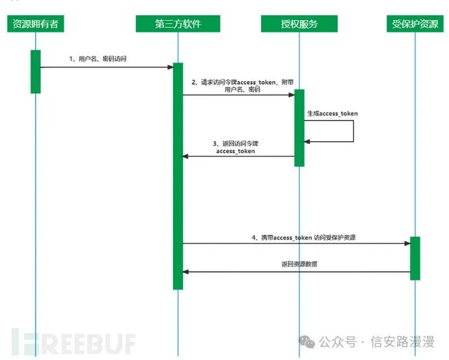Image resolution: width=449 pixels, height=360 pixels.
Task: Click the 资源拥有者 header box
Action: [35, 24]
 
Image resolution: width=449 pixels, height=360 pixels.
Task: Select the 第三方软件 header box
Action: [178, 24]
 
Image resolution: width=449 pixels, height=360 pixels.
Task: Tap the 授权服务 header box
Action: [299, 24]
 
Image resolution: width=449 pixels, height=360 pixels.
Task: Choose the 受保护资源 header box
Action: [415, 24]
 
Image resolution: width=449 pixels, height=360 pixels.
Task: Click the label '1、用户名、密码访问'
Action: [98, 59]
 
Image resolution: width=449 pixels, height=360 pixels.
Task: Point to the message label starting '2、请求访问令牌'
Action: [242, 86]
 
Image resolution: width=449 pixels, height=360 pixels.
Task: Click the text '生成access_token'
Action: [333, 113]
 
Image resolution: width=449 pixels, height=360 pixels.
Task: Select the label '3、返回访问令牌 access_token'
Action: [236, 146]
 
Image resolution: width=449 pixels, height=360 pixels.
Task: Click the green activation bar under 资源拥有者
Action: [35, 71]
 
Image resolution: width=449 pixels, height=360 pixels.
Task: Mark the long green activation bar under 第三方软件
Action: [178, 176]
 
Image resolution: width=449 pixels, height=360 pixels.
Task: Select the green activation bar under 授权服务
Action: [299, 128]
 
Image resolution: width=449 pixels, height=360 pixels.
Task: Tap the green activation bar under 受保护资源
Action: [415, 258]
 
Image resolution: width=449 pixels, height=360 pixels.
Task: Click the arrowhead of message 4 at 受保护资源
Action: [407, 243]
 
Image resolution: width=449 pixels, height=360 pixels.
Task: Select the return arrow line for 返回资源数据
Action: [296, 271]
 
